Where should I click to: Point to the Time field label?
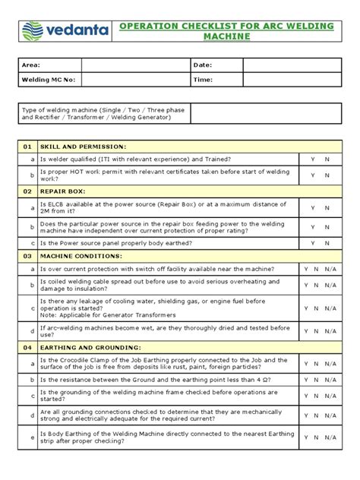pos(204,79)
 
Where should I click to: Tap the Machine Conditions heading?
pos(79,257)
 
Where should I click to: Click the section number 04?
pos(27,346)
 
